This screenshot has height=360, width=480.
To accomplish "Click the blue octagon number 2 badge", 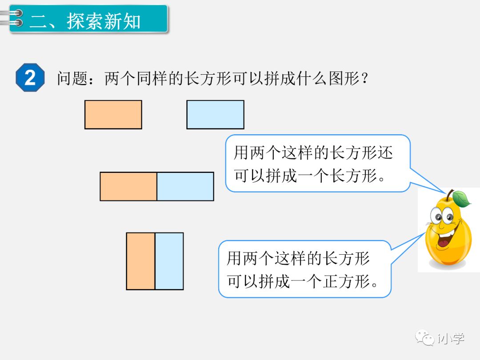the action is coord(30,78).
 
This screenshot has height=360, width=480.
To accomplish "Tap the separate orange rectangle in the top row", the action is coord(113,115).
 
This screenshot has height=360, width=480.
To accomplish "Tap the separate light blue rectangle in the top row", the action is coord(215,115).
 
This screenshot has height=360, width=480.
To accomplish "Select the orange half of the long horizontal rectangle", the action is coord(128,186).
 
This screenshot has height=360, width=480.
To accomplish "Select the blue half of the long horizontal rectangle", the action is coord(185,186).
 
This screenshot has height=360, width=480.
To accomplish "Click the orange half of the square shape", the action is coord(140,261).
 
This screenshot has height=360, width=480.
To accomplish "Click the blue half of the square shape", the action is coord(169,261).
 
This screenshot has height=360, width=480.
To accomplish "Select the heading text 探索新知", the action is coord(104,20).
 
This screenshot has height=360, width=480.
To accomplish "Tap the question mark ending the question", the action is coord(365,79).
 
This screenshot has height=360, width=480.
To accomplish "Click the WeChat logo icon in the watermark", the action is coord(425,338).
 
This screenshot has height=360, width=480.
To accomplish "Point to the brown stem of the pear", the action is coord(450,195).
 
